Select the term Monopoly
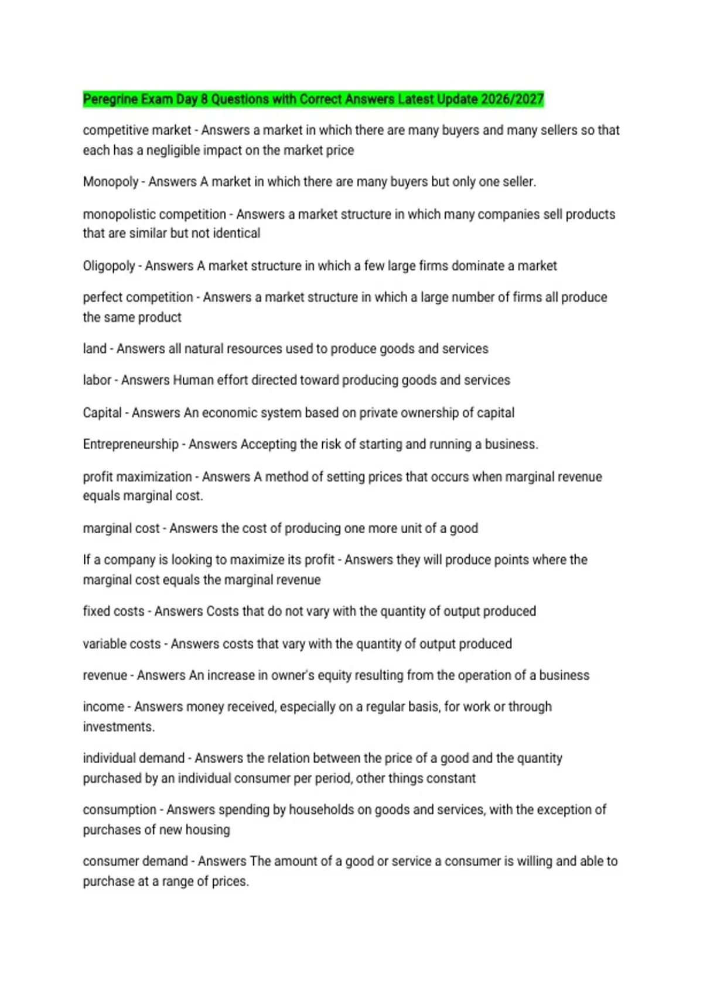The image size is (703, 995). (x=111, y=182)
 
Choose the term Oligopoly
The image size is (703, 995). (x=109, y=266)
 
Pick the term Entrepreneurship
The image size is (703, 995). (x=131, y=445)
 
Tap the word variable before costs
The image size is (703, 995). (x=105, y=644)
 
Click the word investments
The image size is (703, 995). (x=118, y=727)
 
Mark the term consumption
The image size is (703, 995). (x=120, y=810)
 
